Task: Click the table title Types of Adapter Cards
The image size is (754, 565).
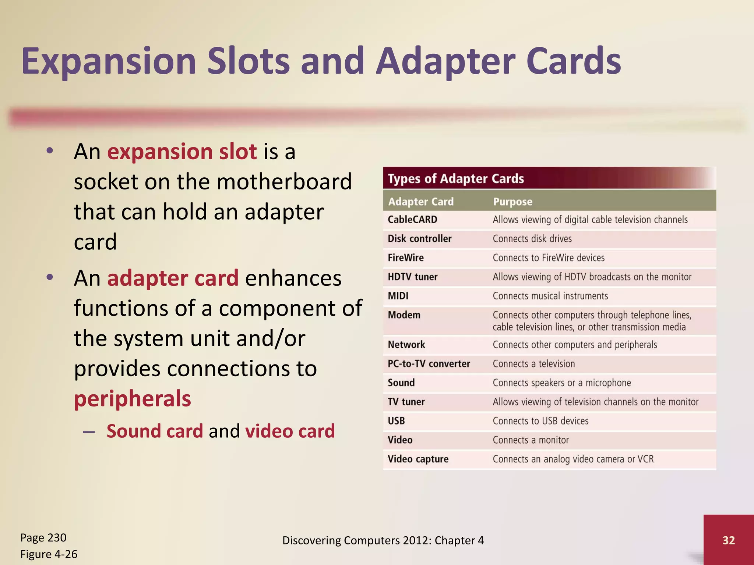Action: click(456, 179)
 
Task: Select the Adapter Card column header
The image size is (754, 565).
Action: click(421, 202)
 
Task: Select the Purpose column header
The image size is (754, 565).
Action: click(512, 202)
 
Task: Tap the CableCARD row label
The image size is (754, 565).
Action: click(412, 220)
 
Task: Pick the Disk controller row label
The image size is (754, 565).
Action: click(419, 239)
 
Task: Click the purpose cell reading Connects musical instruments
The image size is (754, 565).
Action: click(550, 296)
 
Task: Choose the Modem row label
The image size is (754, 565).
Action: click(404, 315)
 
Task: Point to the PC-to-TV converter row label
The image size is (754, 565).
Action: click(429, 364)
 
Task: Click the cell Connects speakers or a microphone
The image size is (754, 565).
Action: click(561, 383)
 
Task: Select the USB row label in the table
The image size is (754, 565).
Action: click(396, 421)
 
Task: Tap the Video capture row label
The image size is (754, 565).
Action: click(418, 459)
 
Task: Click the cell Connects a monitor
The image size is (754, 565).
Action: click(531, 440)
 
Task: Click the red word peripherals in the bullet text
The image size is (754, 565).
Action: click(133, 399)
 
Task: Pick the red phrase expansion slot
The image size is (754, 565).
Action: click(182, 152)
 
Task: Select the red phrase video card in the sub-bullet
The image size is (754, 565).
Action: click(290, 431)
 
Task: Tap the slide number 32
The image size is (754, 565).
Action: click(729, 540)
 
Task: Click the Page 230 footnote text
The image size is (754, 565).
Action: click(43, 538)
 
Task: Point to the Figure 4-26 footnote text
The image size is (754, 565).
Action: click(49, 554)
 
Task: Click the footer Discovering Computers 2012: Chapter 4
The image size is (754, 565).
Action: click(383, 540)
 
